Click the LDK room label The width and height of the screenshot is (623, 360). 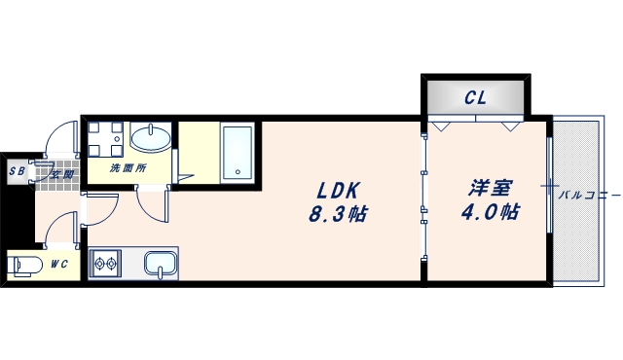[335, 190]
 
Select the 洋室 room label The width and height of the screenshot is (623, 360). [488, 188]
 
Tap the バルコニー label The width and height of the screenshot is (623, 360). [589, 196]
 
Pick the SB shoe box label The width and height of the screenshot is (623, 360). [17, 172]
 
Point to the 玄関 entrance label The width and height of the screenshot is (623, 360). [63, 174]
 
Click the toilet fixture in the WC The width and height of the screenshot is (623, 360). [23, 265]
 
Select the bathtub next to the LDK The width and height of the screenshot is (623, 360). [237, 152]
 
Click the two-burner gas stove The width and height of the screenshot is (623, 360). [105, 263]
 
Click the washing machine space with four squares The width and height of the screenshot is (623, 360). [105, 138]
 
